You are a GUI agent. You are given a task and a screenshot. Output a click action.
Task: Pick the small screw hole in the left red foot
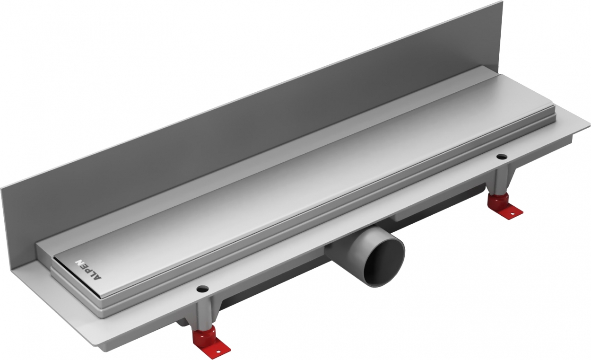(218, 351)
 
